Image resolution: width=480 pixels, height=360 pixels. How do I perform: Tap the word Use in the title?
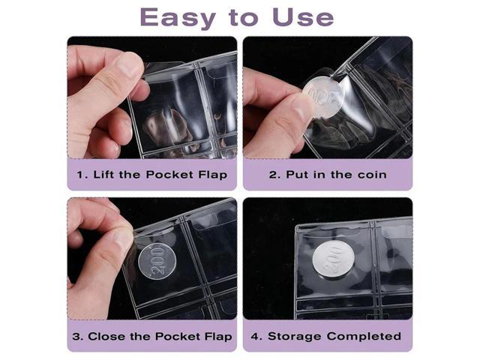(x=302, y=16)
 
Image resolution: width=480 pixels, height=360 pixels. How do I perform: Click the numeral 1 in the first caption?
(x=80, y=175)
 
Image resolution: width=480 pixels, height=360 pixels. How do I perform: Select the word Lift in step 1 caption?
(x=105, y=175)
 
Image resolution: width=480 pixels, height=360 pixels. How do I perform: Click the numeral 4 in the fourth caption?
(x=256, y=336)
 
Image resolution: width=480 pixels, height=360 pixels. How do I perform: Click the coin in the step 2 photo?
(x=323, y=97)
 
